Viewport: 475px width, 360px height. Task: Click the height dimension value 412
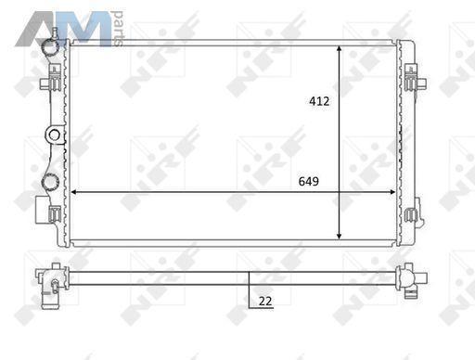319,101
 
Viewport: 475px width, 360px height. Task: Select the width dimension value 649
309,181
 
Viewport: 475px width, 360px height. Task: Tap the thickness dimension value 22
265,301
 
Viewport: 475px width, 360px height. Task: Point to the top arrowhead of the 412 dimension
340,48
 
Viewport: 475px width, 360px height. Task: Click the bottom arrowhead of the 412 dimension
340,236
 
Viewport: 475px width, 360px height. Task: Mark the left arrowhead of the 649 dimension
73,192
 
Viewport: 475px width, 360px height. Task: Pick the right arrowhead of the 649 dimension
392,192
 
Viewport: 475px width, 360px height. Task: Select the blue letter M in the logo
86,30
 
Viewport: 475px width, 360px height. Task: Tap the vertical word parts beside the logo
119,29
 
